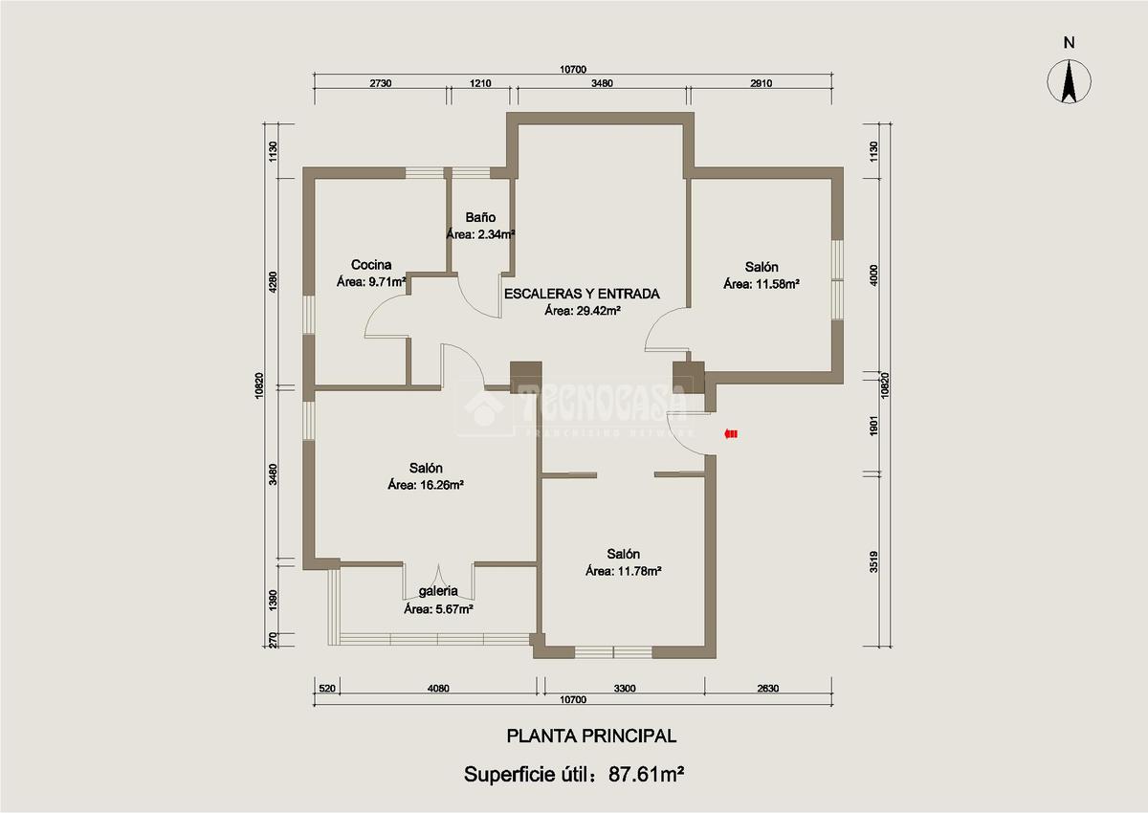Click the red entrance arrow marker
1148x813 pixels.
(731, 434)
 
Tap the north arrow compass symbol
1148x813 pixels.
(1069, 82)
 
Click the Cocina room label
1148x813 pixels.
(371, 265)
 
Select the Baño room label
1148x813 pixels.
(480, 217)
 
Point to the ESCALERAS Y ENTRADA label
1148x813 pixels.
(582, 294)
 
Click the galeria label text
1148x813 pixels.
(438, 591)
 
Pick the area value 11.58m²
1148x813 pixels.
(778, 284)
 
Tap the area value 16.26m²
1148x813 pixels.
(442, 485)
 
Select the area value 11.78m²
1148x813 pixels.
(640, 571)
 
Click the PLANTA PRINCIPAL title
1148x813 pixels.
(591, 736)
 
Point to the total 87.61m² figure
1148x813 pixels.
(647, 774)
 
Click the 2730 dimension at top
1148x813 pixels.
(381, 83)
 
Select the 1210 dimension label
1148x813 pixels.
(480, 83)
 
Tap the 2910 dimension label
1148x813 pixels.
(762, 83)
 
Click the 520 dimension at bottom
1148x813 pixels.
(327, 688)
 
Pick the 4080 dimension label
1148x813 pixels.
(438, 688)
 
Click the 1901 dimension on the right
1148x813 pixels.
(873, 426)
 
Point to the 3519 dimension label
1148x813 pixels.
(873, 561)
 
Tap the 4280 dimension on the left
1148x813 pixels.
(274, 282)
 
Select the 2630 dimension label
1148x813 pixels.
(767, 688)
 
